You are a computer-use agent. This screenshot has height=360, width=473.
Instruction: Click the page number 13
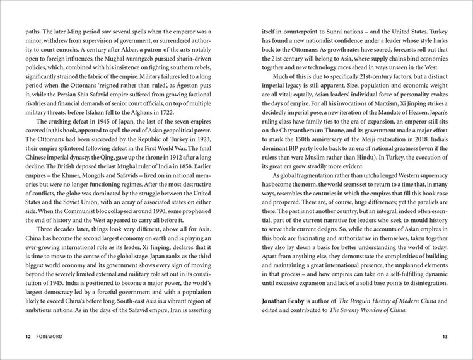point(445,345)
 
